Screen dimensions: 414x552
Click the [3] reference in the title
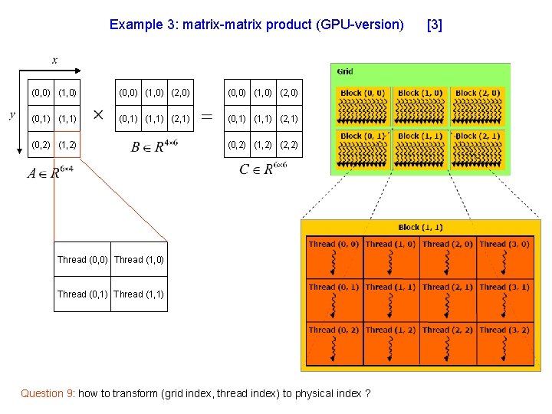click(x=434, y=25)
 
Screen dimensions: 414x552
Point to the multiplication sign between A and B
click(x=99, y=115)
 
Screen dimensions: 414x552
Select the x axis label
click(x=54, y=59)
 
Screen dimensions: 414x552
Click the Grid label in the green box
click(x=345, y=71)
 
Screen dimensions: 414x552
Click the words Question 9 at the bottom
click(x=47, y=393)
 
